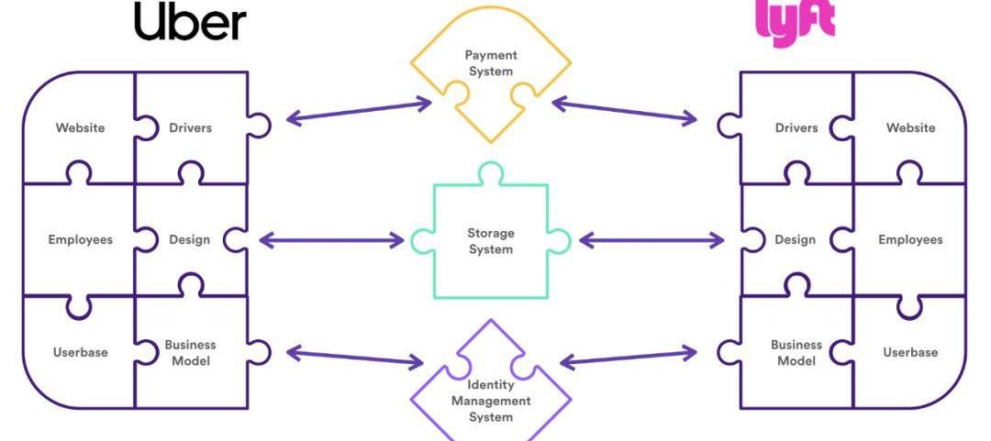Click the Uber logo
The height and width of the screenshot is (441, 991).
point(190,22)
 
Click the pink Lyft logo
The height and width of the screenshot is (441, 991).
point(795,21)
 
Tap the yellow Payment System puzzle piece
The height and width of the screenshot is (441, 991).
point(489,64)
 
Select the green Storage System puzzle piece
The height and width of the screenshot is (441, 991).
point(491,241)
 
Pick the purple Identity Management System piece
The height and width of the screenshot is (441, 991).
point(490,400)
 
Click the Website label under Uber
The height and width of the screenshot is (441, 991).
point(80,127)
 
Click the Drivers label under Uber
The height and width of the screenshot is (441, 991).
point(190,127)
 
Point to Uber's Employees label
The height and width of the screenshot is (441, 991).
point(80,240)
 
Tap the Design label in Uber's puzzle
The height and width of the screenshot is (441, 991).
point(189,240)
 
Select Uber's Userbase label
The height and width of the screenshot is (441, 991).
point(80,353)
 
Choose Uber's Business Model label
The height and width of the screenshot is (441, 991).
point(190,353)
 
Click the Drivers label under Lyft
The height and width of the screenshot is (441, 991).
point(796,127)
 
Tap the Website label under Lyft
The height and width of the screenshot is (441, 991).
point(910,127)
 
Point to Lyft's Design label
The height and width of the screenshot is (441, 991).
point(795,240)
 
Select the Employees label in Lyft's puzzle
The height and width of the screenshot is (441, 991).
point(910,240)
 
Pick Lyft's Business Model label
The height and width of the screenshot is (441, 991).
point(796,353)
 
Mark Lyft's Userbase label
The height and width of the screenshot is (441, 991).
point(910,353)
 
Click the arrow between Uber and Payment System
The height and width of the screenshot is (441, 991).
point(359,111)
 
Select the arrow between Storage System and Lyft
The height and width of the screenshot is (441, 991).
point(651,241)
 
